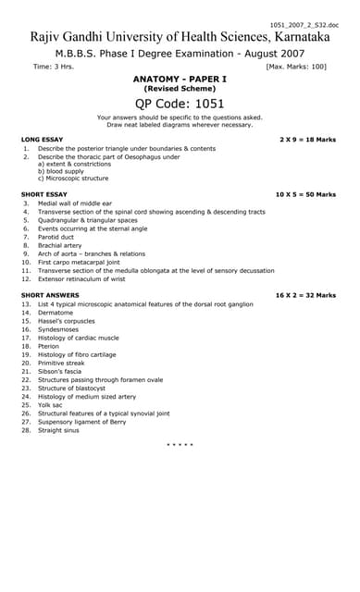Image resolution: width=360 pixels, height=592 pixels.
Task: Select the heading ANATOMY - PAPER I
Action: [x=180, y=80]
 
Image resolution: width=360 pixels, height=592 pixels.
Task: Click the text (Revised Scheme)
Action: [x=180, y=89]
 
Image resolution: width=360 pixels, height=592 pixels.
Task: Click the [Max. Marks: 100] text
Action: [x=296, y=67]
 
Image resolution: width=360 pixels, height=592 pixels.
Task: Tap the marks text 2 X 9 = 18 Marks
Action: [x=307, y=139]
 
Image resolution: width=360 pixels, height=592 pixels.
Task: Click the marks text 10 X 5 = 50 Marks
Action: [x=305, y=194]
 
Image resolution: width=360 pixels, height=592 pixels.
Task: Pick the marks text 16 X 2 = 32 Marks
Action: [x=305, y=295]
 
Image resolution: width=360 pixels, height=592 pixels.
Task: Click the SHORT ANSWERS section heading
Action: [x=48, y=295]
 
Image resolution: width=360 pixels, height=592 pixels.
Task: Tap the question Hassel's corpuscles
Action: [x=70, y=320]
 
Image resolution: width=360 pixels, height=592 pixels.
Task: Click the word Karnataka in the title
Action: [x=300, y=37]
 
